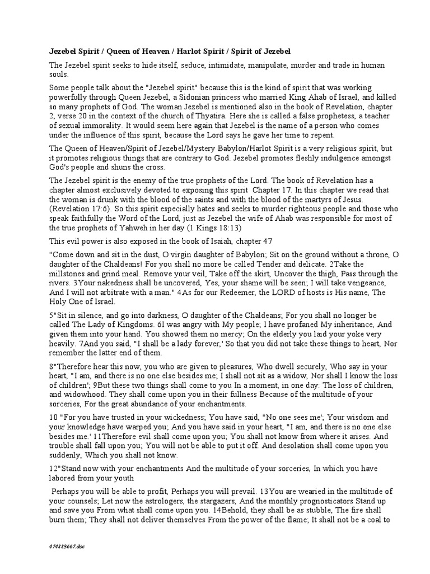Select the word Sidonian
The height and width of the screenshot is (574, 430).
pos(184,98)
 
